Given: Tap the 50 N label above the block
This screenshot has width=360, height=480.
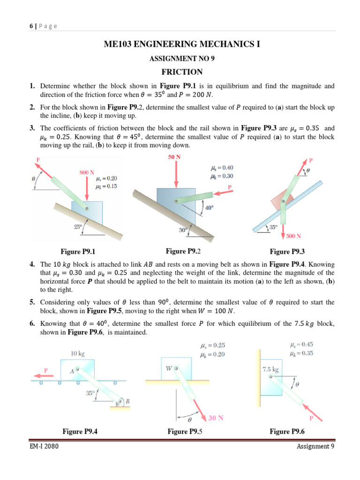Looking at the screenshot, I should (x=174, y=157).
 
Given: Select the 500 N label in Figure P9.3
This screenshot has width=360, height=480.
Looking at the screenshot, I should (x=293, y=236).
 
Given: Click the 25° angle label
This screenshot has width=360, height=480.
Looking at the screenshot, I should (x=78, y=227).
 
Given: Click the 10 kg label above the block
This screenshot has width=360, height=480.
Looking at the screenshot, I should (x=77, y=353).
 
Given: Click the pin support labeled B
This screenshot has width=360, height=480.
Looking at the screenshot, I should (x=122, y=401).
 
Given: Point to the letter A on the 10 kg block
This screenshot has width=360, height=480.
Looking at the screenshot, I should (x=72, y=371).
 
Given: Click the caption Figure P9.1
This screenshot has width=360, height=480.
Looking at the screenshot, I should (x=81, y=252).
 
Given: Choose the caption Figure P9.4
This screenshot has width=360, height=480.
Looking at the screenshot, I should (x=81, y=431).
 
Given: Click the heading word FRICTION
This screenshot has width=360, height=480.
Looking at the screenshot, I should (x=182, y=72).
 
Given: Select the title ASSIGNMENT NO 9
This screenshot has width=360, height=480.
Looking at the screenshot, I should (x=182, y=59).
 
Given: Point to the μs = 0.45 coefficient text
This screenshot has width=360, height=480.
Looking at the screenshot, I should (x=302, y=345).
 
